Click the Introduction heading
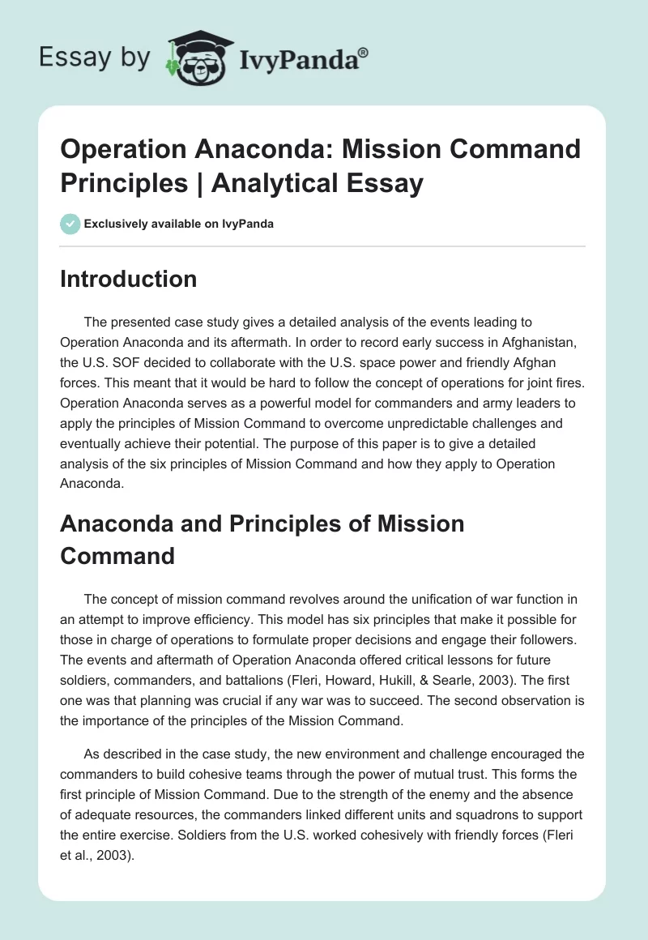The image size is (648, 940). [x=129, y=279]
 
